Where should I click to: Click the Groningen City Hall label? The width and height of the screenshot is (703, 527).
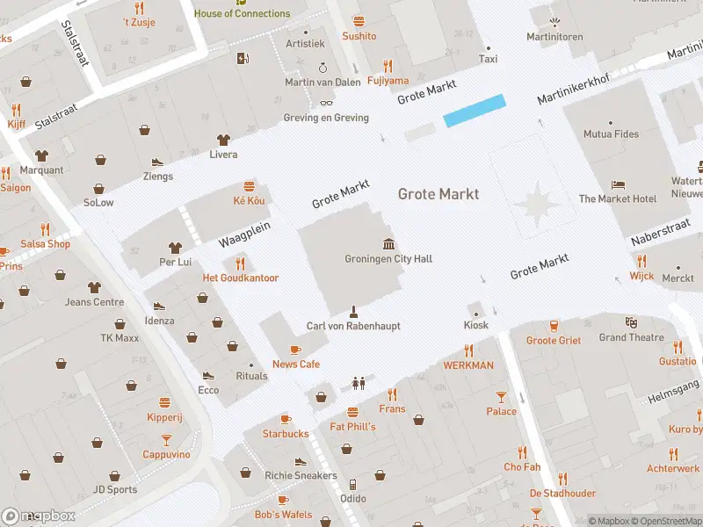(388, 259)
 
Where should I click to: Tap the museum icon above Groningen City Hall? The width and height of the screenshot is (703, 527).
(388, 243)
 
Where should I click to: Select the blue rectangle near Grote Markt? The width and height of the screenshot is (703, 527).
(475, 111)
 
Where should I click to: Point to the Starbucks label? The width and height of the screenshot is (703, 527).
(286, 434)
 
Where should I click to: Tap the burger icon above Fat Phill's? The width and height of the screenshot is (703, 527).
(353, 412)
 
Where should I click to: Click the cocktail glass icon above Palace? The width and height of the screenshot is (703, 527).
(501, 396)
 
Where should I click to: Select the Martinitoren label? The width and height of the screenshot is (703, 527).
(554, 37)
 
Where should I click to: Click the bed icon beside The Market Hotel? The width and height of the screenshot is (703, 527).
(618, 184)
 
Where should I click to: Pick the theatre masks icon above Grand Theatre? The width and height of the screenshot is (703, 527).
(631, 322)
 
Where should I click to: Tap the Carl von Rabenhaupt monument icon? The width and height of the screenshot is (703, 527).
(353, 311)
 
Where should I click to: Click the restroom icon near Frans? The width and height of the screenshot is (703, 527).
(358, 383)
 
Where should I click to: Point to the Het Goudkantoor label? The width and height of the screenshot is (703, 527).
(241, 278)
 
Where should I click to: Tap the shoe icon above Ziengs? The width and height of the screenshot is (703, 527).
(158, 162)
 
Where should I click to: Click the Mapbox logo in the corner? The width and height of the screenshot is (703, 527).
(39, 516)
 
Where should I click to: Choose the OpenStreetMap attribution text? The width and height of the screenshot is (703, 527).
(666, 521)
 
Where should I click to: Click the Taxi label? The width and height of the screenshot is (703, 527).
(488, 59)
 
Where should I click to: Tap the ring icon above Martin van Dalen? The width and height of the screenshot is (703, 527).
(323, 67)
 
